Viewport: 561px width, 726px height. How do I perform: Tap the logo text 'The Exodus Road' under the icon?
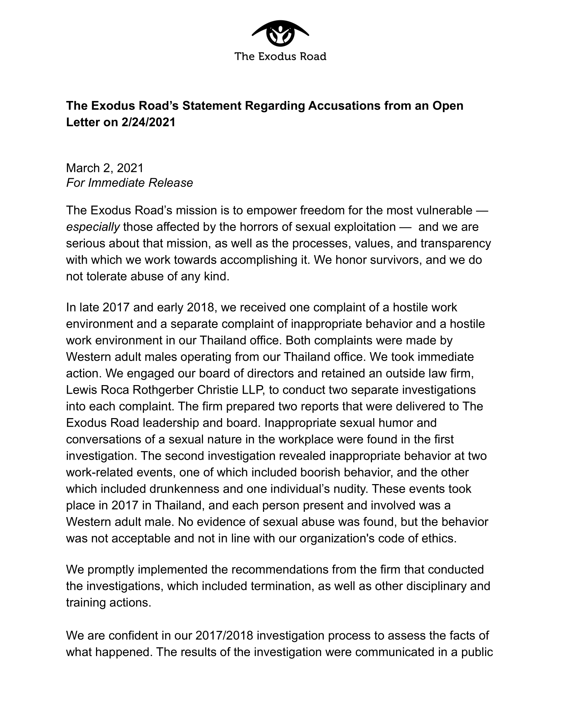pos(280,56)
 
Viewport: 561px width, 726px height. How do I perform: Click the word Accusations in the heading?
pos(344,106)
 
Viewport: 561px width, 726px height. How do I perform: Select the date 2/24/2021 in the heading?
pos(148,122)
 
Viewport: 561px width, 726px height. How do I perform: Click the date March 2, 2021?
pos(105,168)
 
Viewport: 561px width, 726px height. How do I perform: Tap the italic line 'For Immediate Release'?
pos(129,183)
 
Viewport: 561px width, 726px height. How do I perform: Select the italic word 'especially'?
pos(93,227)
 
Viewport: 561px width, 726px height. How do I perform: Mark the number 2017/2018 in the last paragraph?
pos(224,635)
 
